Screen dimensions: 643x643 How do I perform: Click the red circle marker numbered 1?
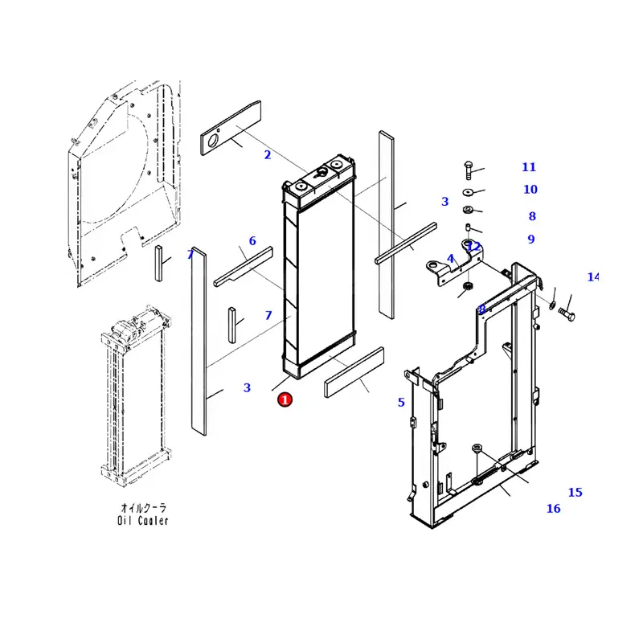(285, 399)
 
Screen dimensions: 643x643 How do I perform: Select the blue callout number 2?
(268, 155)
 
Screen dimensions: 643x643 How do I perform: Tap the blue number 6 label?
(252, 241)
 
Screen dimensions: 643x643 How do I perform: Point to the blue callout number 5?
(401, 403)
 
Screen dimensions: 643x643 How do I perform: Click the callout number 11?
(528, 167)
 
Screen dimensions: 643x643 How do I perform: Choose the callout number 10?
(530, 190)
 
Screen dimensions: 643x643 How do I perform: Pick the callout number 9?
(531, 240)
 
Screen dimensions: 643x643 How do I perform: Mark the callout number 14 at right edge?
(592, 277)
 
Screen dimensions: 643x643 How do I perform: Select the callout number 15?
(575, 493)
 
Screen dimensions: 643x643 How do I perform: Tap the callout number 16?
(553, 509)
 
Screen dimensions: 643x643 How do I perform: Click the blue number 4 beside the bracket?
(451, 259)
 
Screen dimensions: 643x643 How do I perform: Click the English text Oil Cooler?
(143, 521)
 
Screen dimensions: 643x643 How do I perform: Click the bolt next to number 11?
(468, 170)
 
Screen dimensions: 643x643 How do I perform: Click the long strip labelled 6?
(244, 265)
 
